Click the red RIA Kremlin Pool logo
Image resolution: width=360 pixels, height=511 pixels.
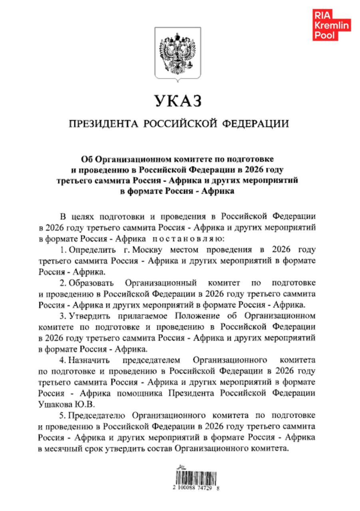pos(331,26)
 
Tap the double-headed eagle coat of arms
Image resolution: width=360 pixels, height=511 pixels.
pos(177,54)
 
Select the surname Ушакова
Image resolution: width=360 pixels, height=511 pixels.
pos(55,404)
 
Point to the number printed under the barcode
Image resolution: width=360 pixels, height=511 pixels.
pos(196,488)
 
